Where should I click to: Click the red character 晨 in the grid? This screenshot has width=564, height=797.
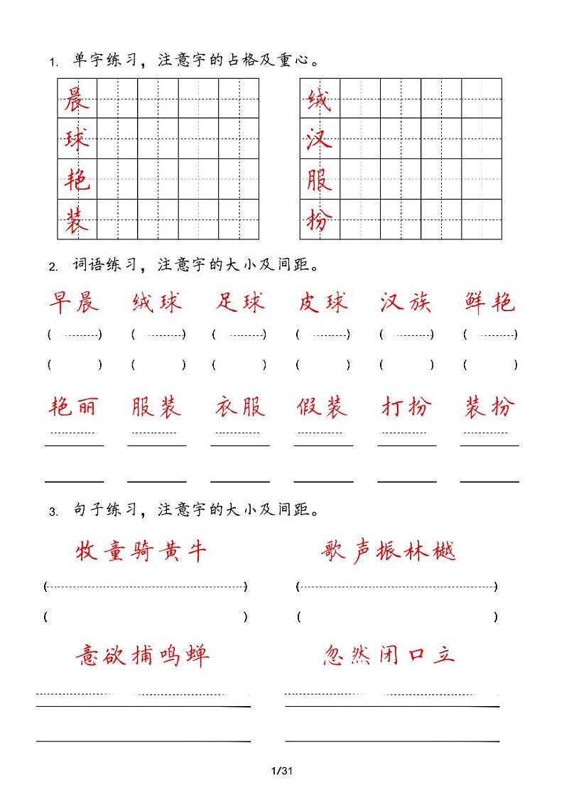pyautogui.click(x=77, y=99)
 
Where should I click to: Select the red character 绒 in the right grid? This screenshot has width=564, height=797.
pyautogui.click(x=320, y=99)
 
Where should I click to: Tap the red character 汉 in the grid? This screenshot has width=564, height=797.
pyautogui.click(x=320, y=139)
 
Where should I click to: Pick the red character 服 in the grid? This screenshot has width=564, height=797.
pyautogui.click(x=320, y=180)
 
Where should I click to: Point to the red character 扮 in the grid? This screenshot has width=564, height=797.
pyautogui.click(x=320, y=220)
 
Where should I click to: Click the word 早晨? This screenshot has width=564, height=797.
pyautogui.click(x=74, y=303)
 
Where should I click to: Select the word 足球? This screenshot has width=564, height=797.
pyautogui.click(x=240, y=303)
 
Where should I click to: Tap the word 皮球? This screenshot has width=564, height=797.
pyautogui.click(x=323, y=303)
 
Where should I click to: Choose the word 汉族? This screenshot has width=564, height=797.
pyautogui.click(x=406, y=303)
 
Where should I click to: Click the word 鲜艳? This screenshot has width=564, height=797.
pyautogui.click(x=489, y=303)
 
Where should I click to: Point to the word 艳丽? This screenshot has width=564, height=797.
pyautogui.click(x=74, y=407)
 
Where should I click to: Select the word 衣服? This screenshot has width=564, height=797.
pyautogui.click(x=240, y=407)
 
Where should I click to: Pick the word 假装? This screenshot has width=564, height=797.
pyautogui.click(x=323, y=407)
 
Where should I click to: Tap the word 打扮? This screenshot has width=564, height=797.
pyautogui.click(x=406, y=407)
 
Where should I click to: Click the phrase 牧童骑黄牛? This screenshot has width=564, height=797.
pyautogui.click(x=141, y=551)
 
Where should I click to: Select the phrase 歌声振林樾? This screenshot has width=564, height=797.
pyautogui.click(x=388, y=551)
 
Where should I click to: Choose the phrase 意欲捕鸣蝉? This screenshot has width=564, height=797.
pyautogui.click(x=142, y=655)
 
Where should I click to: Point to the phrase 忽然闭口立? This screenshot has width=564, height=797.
pyautogui.click(x=388, y=655)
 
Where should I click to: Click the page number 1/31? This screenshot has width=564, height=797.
pyautogui.click(x=282, y=771)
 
